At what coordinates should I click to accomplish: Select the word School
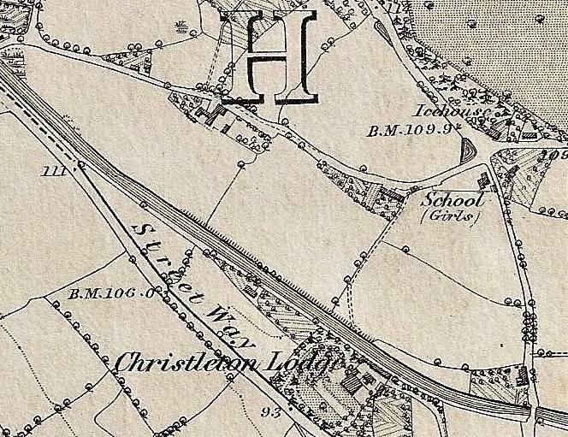tap(453, 199)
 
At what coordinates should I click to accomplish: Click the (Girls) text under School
tap(451, 216)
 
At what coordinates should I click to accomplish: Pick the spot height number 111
tap(54, 171)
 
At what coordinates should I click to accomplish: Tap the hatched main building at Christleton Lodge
tap(351, 384)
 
